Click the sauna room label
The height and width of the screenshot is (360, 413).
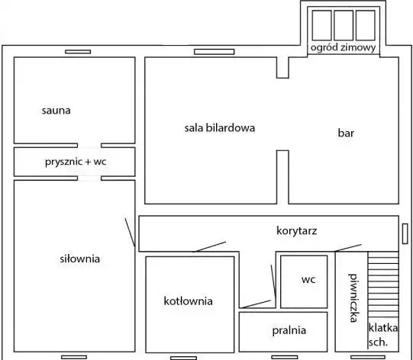[56, 111]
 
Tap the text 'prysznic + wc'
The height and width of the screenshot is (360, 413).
[76, 162]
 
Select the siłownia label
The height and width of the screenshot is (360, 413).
[80, 259]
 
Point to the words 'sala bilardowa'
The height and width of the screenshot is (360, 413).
[220, 128]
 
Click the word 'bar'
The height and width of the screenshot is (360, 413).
[346, 133]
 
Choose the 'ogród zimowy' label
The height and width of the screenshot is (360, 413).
[344, 47]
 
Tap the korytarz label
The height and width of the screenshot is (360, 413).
[296, 231]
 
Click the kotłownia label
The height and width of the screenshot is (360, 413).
[188, 301]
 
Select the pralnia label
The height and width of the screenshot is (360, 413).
[289, 330]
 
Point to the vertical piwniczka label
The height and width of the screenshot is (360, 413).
[353, 298]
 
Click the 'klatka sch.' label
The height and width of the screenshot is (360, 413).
[382, 335]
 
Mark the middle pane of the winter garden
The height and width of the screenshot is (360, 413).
[344, 25]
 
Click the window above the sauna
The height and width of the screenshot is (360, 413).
[78, 52]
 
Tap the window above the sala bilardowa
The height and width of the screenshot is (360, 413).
[215, 52]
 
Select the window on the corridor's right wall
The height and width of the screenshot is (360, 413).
[405, 233]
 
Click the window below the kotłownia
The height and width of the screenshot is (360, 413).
[183, 358]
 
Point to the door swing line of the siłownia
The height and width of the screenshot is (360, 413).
[130, 233]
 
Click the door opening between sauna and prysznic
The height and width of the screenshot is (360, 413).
[89, 146]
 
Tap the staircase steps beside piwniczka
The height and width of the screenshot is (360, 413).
[383, 284]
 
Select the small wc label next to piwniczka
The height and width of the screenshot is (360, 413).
[308, 279]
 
